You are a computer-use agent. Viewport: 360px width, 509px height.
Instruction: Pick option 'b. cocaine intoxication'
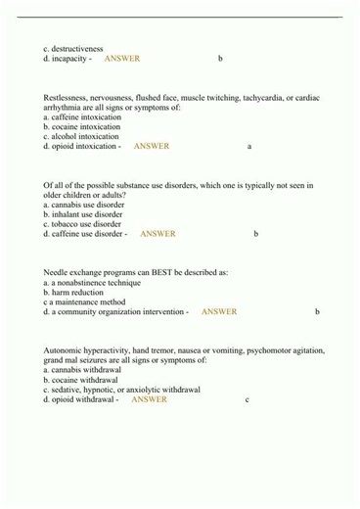tap(82, 126)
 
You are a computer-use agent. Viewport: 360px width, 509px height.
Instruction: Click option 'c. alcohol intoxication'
tap(81, 136)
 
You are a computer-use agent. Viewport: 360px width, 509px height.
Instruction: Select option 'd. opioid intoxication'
tap(82, 146)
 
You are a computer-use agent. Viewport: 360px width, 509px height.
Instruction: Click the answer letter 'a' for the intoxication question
tap(249, 147)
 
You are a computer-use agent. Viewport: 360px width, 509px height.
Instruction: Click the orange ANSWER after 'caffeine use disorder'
tap(157, 234)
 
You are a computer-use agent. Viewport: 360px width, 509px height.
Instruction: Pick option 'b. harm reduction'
tap(72, 292)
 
